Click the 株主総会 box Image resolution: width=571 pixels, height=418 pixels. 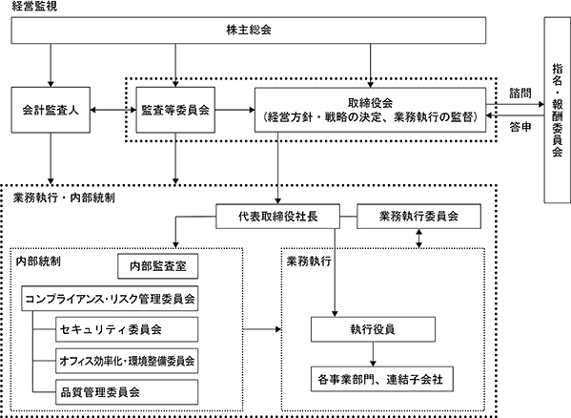(249, 31)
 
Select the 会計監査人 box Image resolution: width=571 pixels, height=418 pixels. (51, 110)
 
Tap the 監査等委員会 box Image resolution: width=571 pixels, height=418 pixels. (175, 110)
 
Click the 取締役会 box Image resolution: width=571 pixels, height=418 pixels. (371, 110)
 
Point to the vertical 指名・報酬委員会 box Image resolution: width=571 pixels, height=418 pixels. (557, 110)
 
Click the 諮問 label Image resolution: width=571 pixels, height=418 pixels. (520, 94)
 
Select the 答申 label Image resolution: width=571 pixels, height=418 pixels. (520, 127)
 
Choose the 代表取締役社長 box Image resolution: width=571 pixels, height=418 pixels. (277, 217)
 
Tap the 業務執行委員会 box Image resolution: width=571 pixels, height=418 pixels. (418, 217)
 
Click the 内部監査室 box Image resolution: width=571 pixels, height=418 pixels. (158, 266)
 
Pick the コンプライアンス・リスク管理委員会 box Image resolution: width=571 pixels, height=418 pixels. (110, 299)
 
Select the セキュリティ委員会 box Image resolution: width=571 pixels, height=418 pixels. (127, 329)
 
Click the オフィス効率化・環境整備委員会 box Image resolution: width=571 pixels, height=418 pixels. (127, 361)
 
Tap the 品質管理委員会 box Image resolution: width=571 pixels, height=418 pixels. (127, 392)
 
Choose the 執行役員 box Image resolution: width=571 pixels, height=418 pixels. (373, 329)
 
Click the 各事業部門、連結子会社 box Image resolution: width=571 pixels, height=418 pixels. (382, 380)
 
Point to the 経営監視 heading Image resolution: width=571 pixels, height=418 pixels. (34, 6)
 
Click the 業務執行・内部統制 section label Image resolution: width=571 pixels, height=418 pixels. (64, 198)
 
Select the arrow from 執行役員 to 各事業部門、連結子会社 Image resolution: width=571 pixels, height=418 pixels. (373, 354)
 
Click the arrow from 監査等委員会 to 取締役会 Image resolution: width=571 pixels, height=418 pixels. (235, 110)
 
